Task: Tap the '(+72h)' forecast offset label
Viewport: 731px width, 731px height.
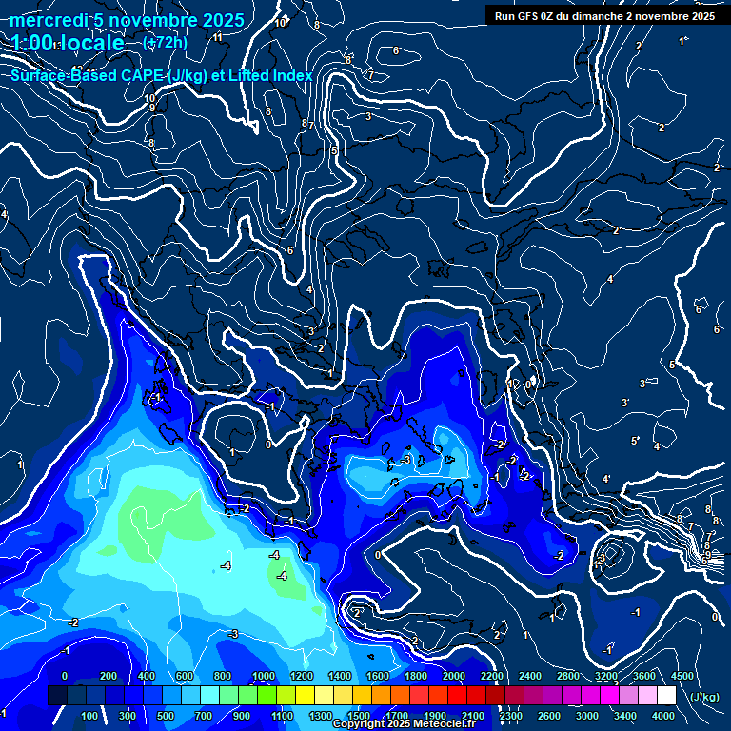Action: tap(165, 42)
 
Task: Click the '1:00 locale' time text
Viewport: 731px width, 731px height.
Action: tap(69, 43)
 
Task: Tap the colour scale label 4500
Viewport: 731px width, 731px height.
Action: tap(682, 676)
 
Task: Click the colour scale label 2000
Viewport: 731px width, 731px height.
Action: tap(454, 676)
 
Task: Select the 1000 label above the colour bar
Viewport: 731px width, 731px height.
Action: tap(264, 676)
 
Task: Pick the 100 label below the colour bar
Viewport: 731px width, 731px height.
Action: tap(89, 716)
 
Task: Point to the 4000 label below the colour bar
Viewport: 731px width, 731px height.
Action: tap(664, 716)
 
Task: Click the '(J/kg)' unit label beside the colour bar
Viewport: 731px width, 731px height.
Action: tap(703, 698)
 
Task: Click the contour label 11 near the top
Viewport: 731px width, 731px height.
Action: tap(218, 37)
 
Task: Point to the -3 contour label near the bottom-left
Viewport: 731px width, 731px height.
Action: tap(232, 634)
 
